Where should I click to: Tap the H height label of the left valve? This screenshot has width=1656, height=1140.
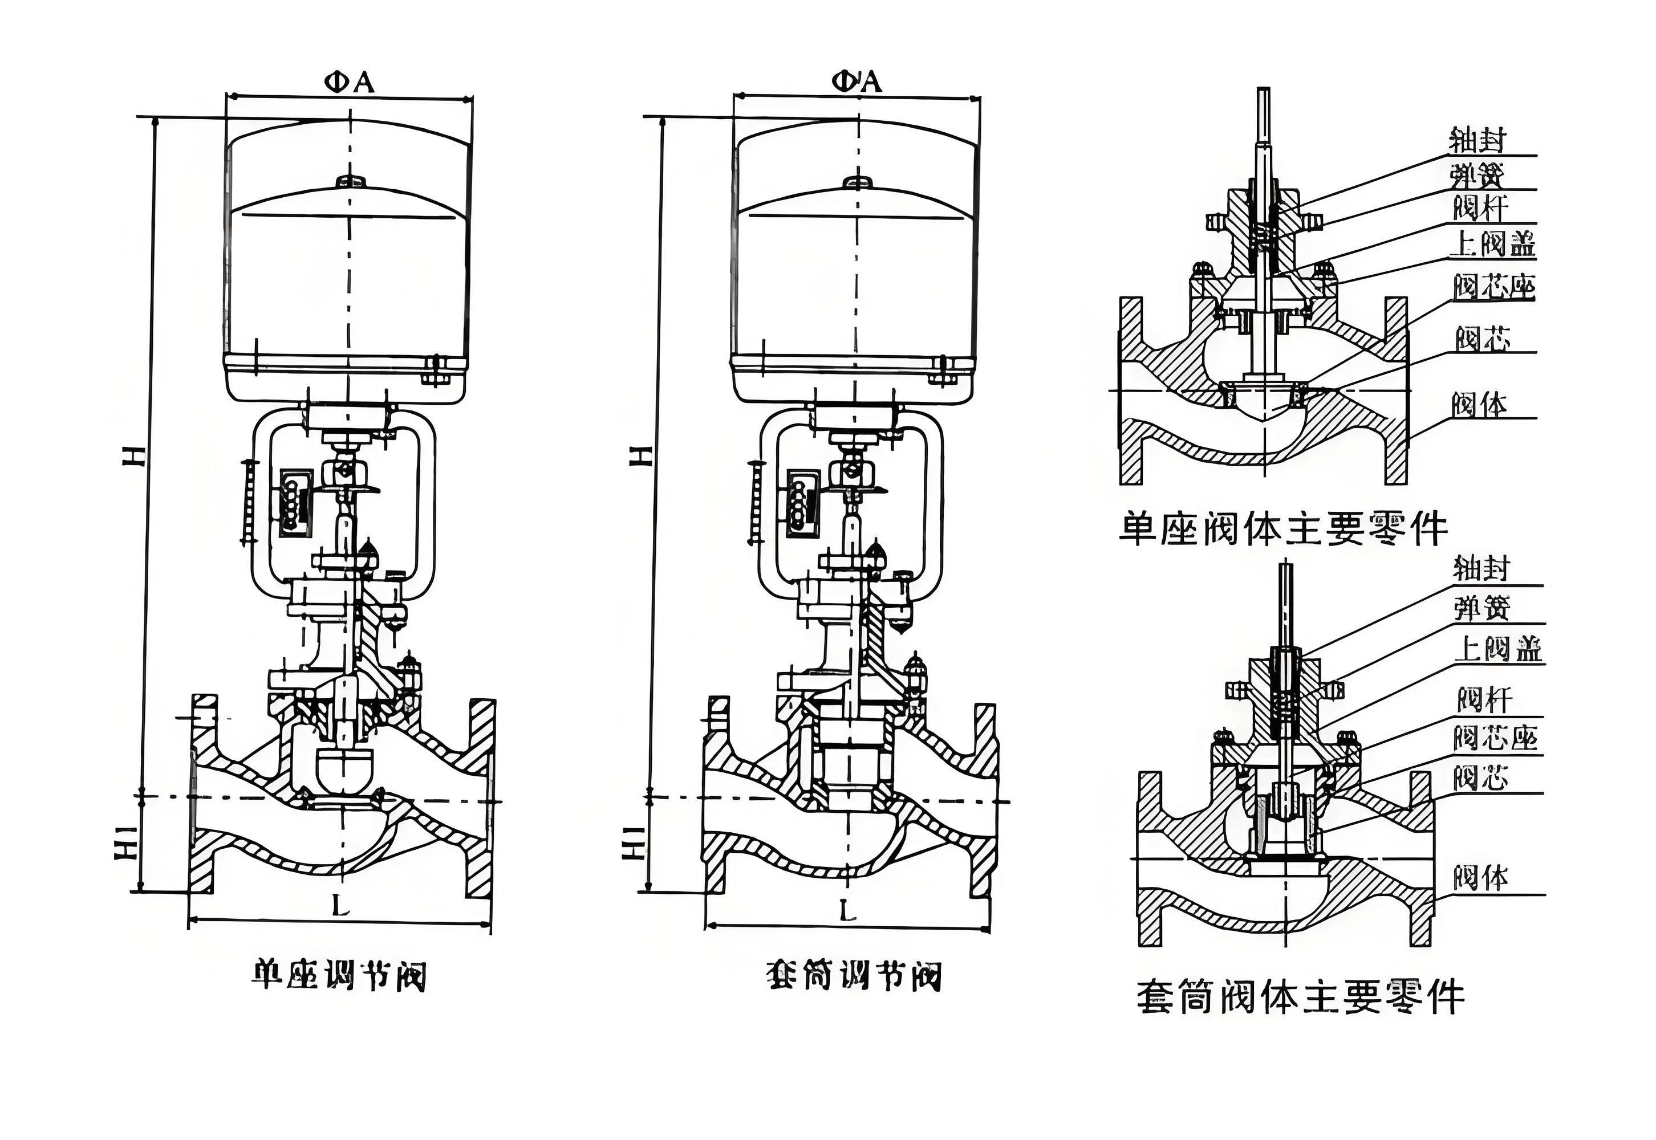click(x=135, y=455)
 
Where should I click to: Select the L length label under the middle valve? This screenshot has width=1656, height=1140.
click(x=847, y=911)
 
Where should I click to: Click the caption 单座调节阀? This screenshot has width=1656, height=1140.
click(x=339, y=976)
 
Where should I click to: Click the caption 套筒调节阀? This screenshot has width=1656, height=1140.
click(x=853, y=976)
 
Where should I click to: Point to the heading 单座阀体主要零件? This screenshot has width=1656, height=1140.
click(x=1283, y=530)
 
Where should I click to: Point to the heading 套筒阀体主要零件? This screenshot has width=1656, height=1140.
click(x=1300, y=997)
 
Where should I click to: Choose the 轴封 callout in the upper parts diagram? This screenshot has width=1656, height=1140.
click(x=1477, y=141)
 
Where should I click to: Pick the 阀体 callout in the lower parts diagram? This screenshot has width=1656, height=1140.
click(x=1480, y=877)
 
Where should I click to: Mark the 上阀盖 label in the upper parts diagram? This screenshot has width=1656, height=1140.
click(x=1492, y=245)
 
